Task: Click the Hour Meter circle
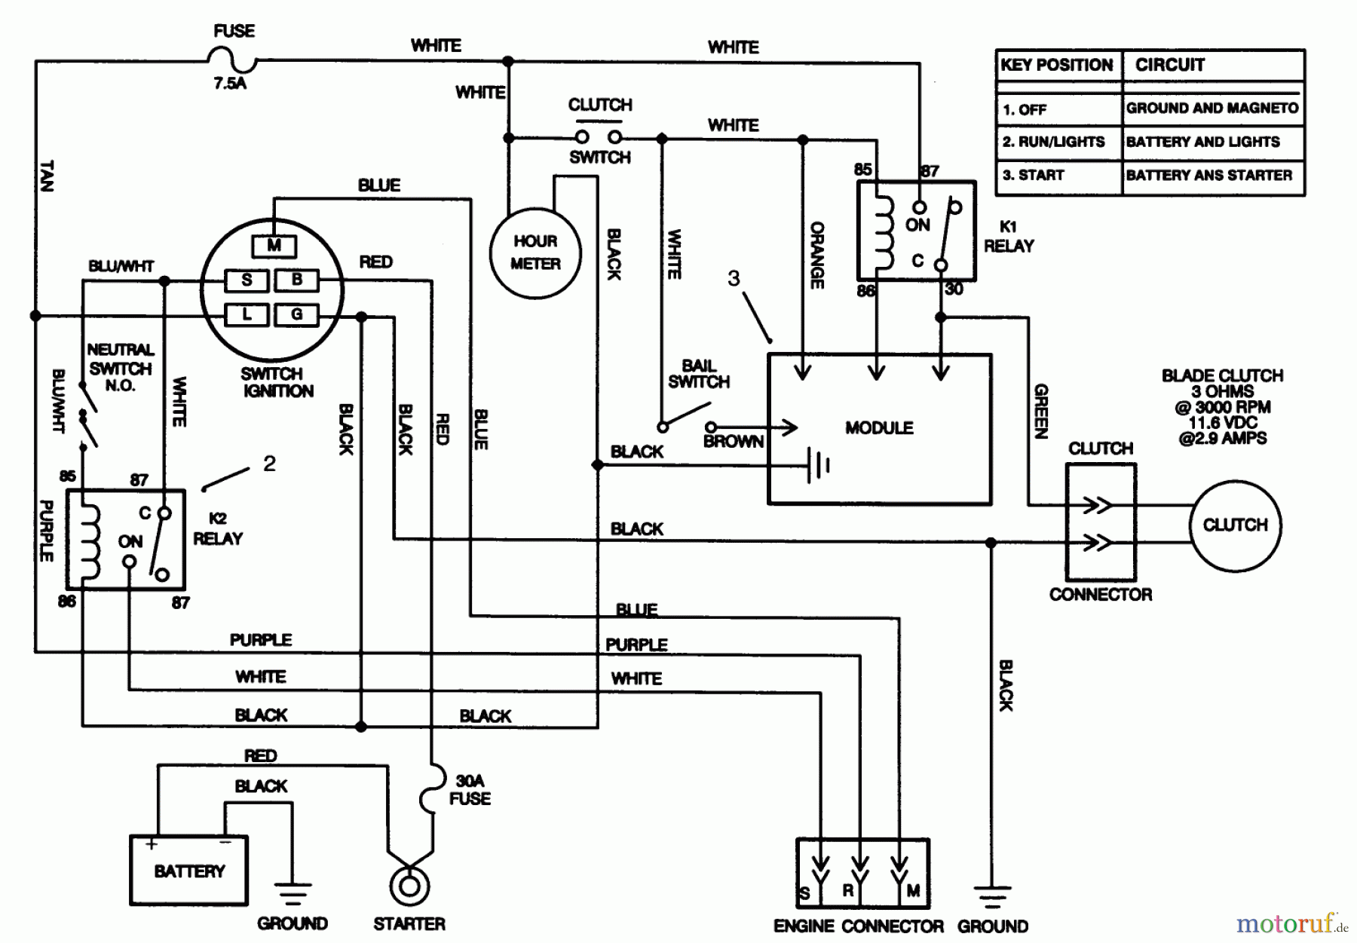tap(535, 253)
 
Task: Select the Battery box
tap(188, 871)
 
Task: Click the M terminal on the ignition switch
tap(274, 246)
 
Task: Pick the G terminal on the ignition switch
tap(296, 314)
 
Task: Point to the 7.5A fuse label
tap(229, 84)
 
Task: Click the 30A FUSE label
tap(470, 790)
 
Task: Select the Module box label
tap(879, 428)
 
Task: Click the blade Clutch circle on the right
tap(1234, 525)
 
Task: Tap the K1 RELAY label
tap(1009, 237)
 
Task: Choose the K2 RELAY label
tap(218, 529)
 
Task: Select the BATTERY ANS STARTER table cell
tap(1208, 176)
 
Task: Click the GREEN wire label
tap(1041, 411)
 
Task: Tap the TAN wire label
tap(47, 175)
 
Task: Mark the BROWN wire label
tap(733, 442)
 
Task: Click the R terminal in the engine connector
tap(848, 890)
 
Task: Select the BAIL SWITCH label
tap(698, 374)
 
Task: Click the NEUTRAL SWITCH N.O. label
tap(120, 368)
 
